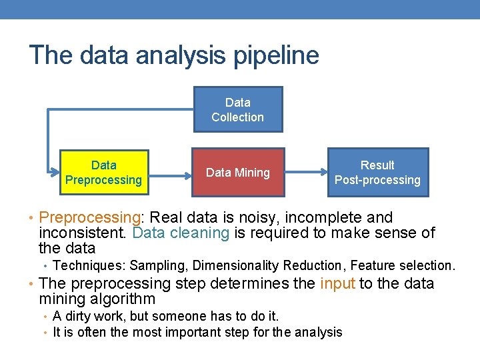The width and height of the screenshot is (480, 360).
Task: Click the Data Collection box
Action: point(238,109)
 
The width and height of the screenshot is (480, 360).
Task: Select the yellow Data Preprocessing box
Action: point(103,172)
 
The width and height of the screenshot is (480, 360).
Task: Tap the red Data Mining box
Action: point(238,172)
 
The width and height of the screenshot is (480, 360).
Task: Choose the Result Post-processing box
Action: point(377,172)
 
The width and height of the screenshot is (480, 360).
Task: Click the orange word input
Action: point(337,283)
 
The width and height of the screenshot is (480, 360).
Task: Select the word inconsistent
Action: point(83,233)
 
